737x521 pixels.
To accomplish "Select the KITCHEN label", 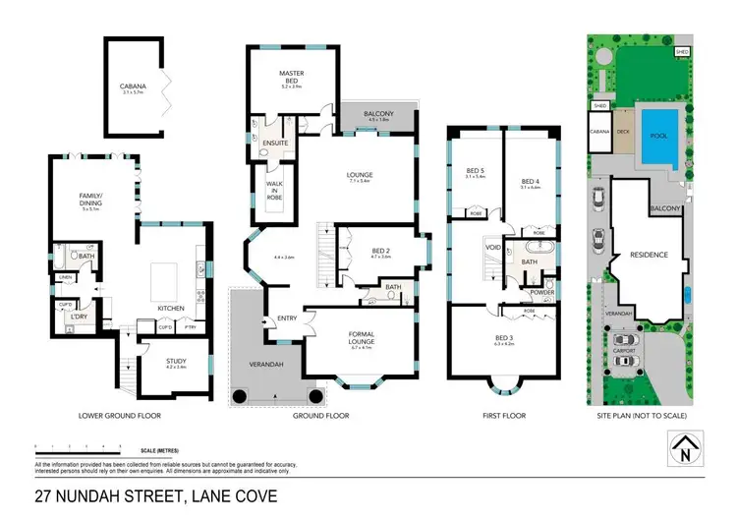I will point(172,309).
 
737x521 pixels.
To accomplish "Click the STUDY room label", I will point(173,361).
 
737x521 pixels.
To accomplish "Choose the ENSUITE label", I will point(276,144).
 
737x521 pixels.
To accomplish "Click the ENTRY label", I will point(287,318).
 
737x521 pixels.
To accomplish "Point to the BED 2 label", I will point(381,250).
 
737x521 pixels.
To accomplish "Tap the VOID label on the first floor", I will point(491,247).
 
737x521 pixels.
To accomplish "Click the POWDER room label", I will point(542,293).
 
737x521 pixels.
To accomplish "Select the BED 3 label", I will point(504,338).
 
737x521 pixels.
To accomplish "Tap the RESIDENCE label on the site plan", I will point(648,255).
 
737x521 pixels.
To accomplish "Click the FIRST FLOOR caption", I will point(504,416).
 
